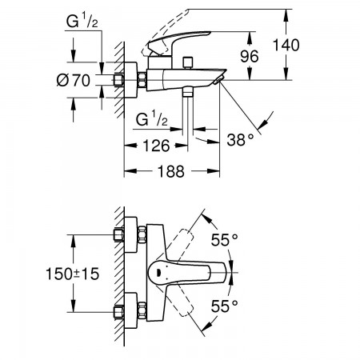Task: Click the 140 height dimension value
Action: click(x=286, y=45)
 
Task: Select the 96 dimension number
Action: click(x=250, y=56)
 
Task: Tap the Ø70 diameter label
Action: click(x=74, y=80)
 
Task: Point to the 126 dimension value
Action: click(x=156, y=146)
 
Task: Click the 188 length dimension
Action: click(x=171, y=171)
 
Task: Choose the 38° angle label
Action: click(x=240, y=139)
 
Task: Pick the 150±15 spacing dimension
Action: click(x=73, y=274)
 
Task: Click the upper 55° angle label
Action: click(x=224, y=240)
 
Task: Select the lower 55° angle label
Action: click(x=224, y=306)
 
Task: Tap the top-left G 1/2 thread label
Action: click(x=82, y=21)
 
